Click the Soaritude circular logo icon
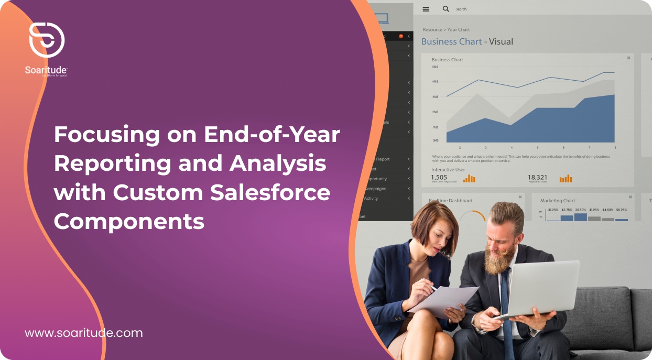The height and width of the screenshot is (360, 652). tap(47, 40)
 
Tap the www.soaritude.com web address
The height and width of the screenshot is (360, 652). tap(84, 333)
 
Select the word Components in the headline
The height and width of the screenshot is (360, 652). tap(129, 222)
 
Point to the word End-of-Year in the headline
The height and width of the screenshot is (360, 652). tap(272, 135)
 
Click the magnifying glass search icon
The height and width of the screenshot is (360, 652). tap(446, 9)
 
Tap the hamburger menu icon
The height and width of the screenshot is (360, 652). tap(426, 9)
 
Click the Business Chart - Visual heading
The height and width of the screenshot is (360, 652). tap(467, 41)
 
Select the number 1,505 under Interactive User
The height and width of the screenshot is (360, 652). tap(439, 177)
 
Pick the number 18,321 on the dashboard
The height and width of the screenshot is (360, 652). tap(537, 177)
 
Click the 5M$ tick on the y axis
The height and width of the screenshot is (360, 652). tap(435, 67)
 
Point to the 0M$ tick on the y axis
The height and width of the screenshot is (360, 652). tap(435, 140)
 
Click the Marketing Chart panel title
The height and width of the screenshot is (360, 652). tap(558, 201)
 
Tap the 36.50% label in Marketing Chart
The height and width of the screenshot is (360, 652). tap(580, 210)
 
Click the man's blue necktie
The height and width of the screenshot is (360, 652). tap(506, 309)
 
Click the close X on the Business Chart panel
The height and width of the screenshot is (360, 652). tap(628, 58)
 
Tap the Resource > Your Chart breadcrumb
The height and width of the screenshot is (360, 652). tap(446, 29)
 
